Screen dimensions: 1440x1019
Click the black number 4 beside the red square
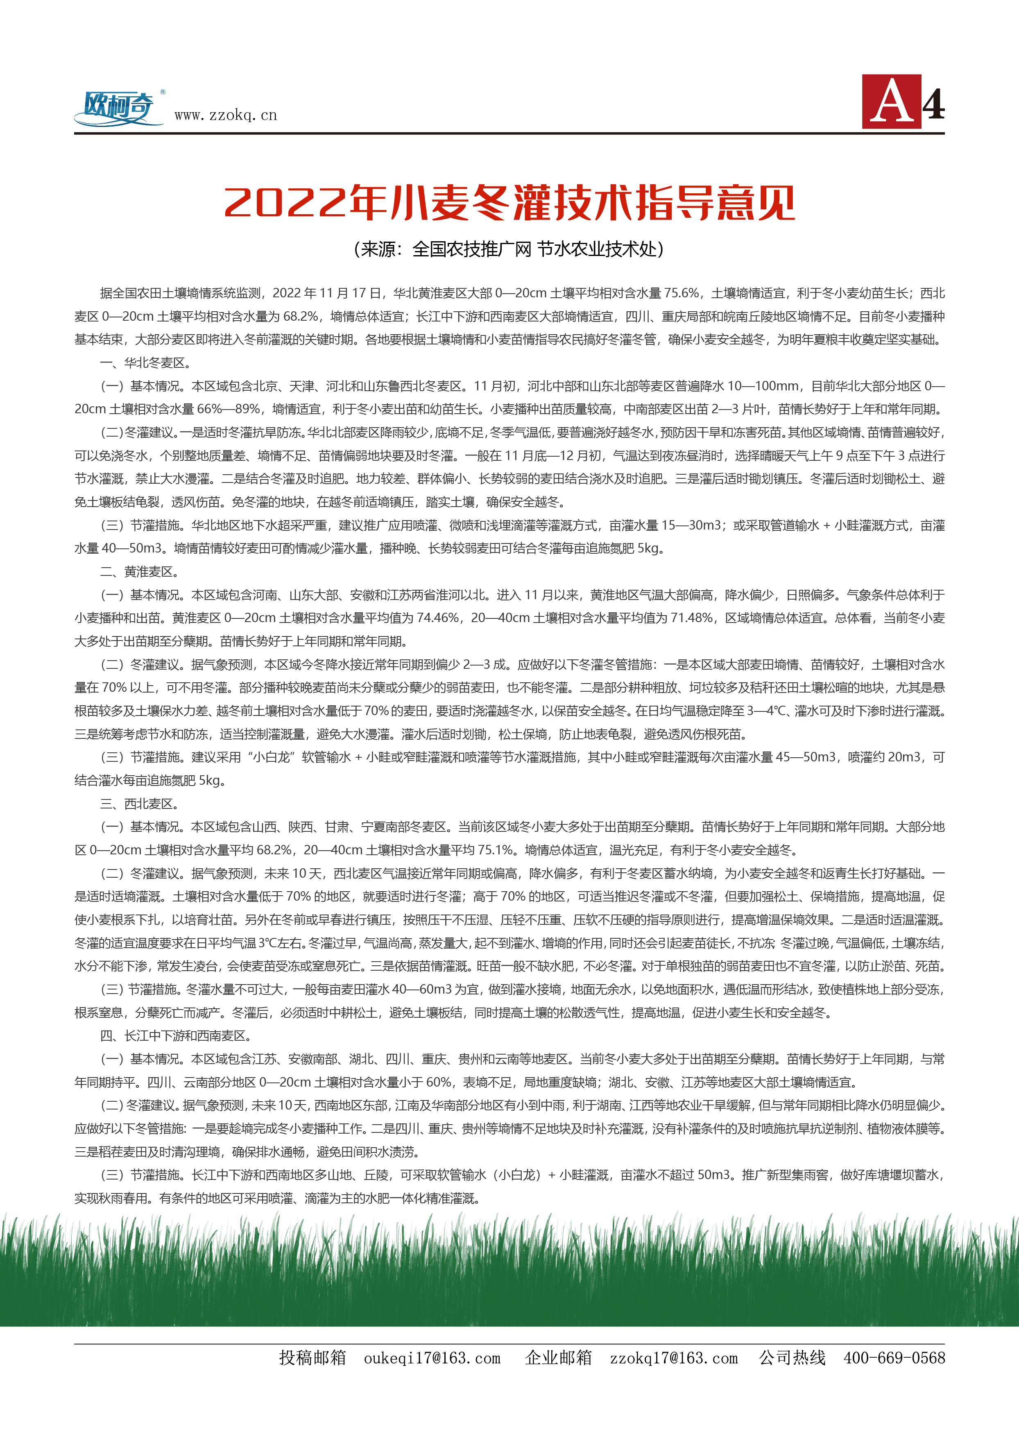934,104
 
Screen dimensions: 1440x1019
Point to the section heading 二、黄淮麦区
139,572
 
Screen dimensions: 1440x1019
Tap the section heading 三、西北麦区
139,804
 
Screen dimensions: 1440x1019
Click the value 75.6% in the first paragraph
682,293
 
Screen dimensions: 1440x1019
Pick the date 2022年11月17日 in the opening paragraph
327,293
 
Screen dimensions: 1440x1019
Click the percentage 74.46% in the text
437,618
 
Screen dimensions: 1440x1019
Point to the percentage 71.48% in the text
691,618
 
